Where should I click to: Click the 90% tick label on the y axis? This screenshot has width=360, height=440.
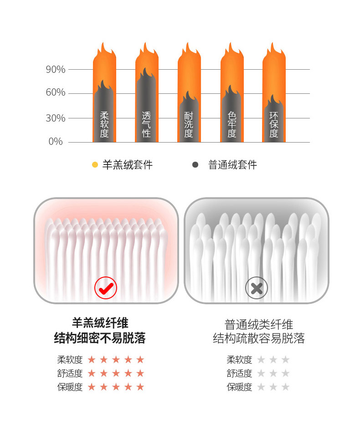[x=56, y=69]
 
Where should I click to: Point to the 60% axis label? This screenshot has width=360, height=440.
[x=56, y=92]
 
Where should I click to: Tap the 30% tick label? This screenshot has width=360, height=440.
[x=56, y=118]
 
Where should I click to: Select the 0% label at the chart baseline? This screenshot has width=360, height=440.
[x=56, y=141]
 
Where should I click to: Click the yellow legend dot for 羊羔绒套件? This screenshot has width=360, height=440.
[x=95, y=165]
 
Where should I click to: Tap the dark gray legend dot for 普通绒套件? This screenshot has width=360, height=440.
[x=195, y=165]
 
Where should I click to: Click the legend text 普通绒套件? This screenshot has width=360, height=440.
[x=232, y=165]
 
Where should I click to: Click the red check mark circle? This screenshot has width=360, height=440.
[x=106, y=287]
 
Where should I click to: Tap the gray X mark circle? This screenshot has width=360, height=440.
[x=257, y=287]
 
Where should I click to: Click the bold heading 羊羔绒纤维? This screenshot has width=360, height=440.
[x=100, y=322]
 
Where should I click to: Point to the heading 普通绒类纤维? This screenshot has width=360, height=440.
[x=259, y=325]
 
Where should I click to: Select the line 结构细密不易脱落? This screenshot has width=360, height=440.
[x=100, y=338]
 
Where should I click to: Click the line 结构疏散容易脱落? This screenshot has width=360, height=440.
[x=259, y=338]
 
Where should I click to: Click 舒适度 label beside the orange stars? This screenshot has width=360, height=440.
[x=70, y=373]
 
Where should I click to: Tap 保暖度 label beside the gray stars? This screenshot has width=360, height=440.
[x=239, y=387]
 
